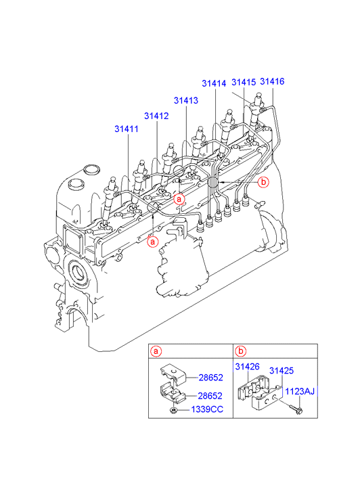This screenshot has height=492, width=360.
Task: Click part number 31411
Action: pyautogui.click(x=126, y=129)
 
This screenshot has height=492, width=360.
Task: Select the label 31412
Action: pyautogui.click(x=156, y=116)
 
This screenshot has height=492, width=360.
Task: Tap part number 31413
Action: pyautogui.click(x=186, y=100)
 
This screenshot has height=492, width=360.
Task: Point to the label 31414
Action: pyautogui.click(x=214, y=83)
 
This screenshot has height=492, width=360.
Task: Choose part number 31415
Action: pyautogui.click(x=244, y=82)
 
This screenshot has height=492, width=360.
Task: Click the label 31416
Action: pyautogui.click(x=272, y=82)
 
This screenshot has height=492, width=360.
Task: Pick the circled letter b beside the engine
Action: pyautogui.click(x=263, y=181)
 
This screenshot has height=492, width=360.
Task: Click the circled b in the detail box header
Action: pyautogui.click(x=240, y=351)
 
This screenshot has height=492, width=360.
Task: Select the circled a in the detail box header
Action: pyautogui.click(x=156, y=351)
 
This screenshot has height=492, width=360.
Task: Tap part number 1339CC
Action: pyautogui.click(x=207, y=409)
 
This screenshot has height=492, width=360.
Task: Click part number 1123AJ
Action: pyautogui.click(x=299, y=392)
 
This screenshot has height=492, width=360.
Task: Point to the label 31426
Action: pyautogui.click(x=247, y=367)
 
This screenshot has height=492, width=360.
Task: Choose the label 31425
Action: pyautogui.click(x=282, y=371)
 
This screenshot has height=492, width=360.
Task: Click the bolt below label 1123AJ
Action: pyautogui.click(x=294, y=409)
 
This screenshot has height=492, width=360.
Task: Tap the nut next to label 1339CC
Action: pyautogui.click(x=173, y=410)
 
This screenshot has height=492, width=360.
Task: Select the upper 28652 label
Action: pyautogui.click(x=210, y=378)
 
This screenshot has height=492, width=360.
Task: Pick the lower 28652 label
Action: pyautogui.click(x=210, y=396)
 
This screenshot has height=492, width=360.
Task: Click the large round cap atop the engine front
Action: pyautogui.click(x=91, y=170)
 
